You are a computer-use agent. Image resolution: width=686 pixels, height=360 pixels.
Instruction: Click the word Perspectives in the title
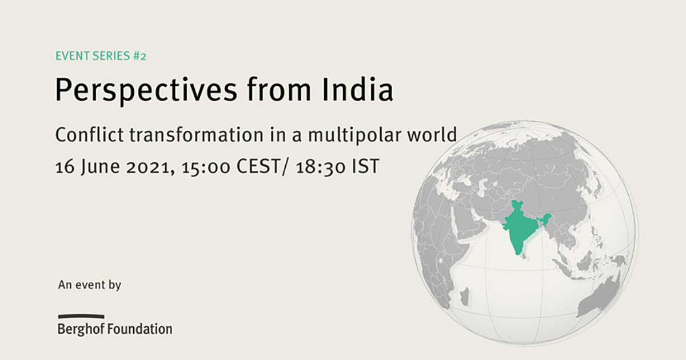(146, 91)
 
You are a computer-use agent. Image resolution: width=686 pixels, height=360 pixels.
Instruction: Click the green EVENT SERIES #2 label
(101, 56)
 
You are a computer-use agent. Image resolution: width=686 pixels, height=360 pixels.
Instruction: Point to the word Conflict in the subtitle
(89, 135)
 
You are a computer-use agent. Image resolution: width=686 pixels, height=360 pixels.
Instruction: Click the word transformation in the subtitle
(196, 135)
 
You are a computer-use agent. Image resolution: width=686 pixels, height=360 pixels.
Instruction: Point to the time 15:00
(205, 167)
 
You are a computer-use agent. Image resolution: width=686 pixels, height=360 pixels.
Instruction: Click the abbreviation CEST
(258, 166)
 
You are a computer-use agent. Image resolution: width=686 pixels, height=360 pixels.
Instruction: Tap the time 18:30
(321, 167)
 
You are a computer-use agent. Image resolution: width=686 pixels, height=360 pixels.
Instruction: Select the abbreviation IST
(366, 166)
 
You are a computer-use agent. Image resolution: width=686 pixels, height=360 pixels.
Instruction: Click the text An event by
(89, 285)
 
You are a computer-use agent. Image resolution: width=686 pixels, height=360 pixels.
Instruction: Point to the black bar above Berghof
(81, 317)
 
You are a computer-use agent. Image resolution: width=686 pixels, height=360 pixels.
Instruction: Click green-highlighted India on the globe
(519, 228)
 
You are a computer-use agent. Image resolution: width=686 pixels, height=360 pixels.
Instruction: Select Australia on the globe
(597, 295)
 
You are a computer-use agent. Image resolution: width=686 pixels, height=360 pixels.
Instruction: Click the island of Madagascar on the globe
(465, 296)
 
